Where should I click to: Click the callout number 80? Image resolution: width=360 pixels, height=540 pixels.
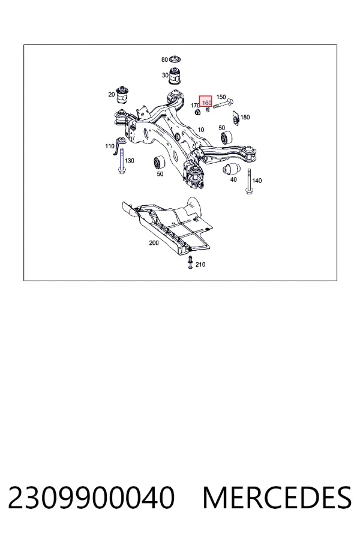tap(164, 59)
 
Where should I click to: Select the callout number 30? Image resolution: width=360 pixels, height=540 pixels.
tap(165, 75)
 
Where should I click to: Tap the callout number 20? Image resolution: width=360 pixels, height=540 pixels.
tap(111, 94)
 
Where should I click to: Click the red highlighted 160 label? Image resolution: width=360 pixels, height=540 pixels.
tap(206, 101)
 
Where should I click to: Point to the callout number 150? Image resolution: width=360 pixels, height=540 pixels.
tap(221, 97)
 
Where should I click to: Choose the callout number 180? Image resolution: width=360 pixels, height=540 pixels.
tap(245, 117)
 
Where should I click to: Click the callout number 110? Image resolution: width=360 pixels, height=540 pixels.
tap(110, 146)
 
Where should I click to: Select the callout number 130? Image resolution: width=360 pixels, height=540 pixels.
tap(130, 160)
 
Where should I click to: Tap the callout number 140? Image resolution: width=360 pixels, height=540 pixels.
tap(257, 181)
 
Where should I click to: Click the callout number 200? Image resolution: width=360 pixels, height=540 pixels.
tap(154, 243)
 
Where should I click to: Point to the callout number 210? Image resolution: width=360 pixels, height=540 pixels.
tap(200, 265)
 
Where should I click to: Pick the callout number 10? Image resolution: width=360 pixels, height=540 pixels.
tap(201, 130)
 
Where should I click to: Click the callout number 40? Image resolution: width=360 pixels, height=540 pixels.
tap(233, 179)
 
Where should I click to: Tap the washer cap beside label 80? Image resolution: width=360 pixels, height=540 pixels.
tap(175, 59)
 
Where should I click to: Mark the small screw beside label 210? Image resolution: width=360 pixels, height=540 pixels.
tap(190, 262)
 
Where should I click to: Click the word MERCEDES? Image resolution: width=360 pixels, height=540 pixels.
tap(277, 497)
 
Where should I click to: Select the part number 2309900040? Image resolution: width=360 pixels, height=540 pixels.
tap(91, 497)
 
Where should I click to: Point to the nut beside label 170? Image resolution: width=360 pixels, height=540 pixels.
tap(198, 112)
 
